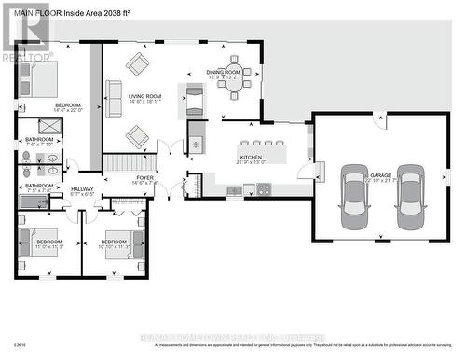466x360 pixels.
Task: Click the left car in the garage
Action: click(x=354, y=197)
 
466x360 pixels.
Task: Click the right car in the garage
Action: click(x=411, y=197)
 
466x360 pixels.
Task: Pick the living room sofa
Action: click(x=114, y=99)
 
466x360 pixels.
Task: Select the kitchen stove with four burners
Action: click(x=264, y=189)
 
